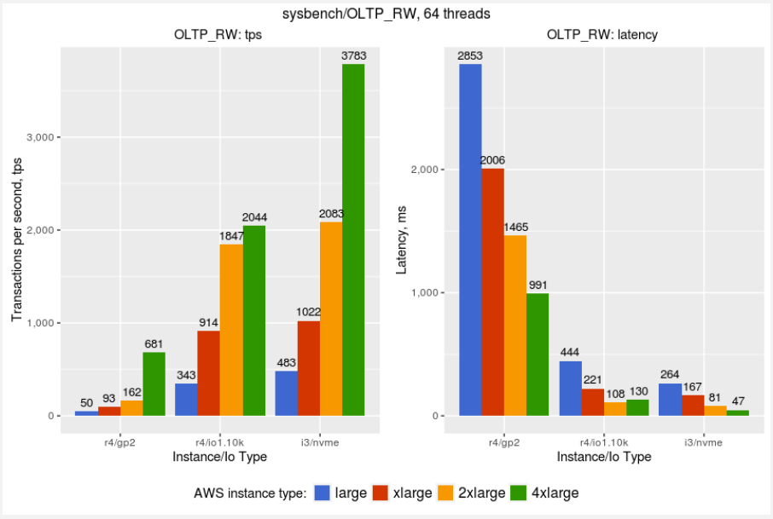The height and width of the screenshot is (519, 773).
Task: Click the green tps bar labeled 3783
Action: [353, 239]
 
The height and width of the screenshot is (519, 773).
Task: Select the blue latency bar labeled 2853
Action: [470, 239]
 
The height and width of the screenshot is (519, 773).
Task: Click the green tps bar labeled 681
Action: [154, 383]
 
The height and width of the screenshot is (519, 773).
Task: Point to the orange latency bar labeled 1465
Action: [514, 325]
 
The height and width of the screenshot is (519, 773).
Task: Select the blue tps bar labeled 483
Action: [286, 393]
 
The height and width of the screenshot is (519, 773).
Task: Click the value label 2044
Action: [253, 217]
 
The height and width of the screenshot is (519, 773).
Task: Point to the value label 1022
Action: [308, 313]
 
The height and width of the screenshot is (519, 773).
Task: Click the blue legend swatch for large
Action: [323, 493]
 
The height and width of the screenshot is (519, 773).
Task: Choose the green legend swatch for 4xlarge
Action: [519, 493]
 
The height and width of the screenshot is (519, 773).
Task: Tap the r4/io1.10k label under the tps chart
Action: [220, 442]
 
